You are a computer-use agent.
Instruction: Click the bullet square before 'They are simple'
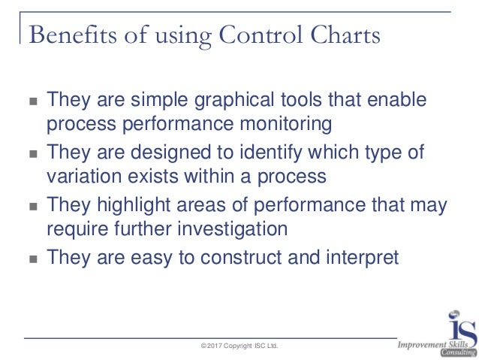pos(31,101)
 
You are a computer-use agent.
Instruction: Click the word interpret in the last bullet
pos(353,259)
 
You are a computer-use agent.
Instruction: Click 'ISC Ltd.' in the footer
pos(264,345)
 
